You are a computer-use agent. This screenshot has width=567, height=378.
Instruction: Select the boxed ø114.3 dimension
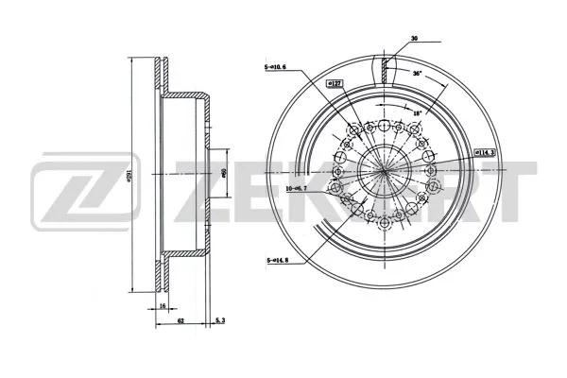pyautogui.click(x=486, y=151)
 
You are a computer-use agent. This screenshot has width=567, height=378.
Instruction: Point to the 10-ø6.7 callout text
pyautogui.click(x=300, y=188)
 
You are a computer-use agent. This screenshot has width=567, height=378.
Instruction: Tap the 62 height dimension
pyautogui.click(x=180, y=321)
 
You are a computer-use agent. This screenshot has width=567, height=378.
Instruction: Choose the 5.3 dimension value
pyautogui.click(x=219, y=321)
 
